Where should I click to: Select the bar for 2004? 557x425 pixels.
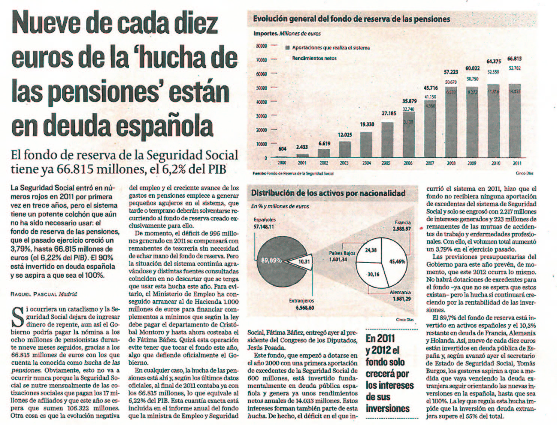[x=366, y=145]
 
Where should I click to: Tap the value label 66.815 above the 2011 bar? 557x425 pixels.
[x=514, y=58]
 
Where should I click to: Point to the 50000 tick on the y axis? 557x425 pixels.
[x=261, y=88]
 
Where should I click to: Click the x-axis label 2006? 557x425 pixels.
[x=408, y=163]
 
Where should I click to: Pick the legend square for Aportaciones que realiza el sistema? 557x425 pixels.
[x=287, y=48]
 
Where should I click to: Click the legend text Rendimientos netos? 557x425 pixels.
[x=314, y=58]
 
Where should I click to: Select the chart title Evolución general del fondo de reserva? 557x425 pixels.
[x=351, y=19]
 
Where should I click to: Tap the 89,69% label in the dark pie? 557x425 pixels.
[x=271, y=260]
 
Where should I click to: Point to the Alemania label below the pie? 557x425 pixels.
[x=400, y=292]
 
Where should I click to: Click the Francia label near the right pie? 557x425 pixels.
[x=402, y=222]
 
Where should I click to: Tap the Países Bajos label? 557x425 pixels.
[x=342, y=253]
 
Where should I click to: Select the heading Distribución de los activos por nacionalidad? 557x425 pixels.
[x=328, y=193]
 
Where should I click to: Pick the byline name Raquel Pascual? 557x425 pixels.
[x=34, y=294]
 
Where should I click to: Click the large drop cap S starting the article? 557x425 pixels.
[x=18, y=316]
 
